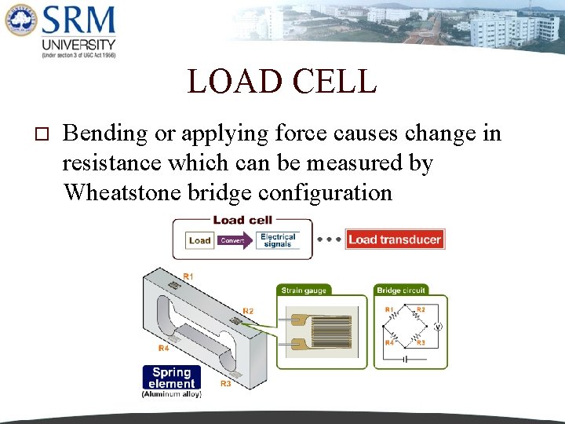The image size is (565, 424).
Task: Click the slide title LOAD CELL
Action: [x=282, y=82]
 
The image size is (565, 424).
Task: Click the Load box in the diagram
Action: [x=200, y=240]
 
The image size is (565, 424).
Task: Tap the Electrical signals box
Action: [x=278, y=240]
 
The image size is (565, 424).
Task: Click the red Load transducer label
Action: [x=395, y=239]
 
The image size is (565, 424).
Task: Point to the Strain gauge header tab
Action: [x=304, y=291]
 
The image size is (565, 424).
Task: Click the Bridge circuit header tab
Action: [x=400, y=291]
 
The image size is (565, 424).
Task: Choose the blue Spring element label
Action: [x=171, y=378]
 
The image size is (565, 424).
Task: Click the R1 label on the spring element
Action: [x=188, y=276]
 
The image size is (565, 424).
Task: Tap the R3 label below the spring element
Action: [x=225, y=384]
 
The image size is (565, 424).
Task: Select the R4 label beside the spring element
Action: [x=163, y=348]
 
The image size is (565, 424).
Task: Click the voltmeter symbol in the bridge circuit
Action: [x=439, y=327]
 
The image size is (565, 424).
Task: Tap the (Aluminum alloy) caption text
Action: [x=171, y=394]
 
